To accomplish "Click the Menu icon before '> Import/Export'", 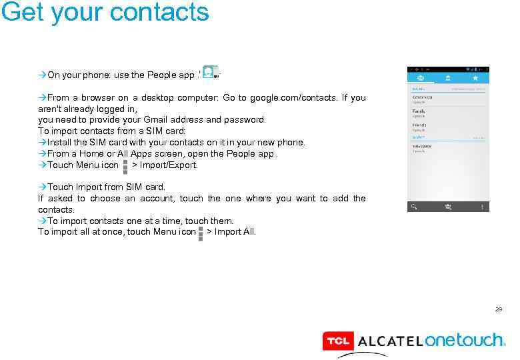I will click(x=125, y=165).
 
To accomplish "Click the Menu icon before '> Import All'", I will click(x=200, y=232).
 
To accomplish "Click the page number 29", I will click(x=498, y=309).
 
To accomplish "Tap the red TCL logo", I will click(x=338, y=341).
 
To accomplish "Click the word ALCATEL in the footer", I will click(x=390, y=341).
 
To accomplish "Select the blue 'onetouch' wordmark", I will click(x=464, y=340).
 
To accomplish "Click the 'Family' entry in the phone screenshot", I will click(x=419, y=113).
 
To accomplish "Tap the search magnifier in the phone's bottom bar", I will click(x=415, y=207).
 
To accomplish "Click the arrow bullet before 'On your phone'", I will click(x=43, y=75).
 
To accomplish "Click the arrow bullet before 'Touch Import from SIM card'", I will click(x=43, y=187).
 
